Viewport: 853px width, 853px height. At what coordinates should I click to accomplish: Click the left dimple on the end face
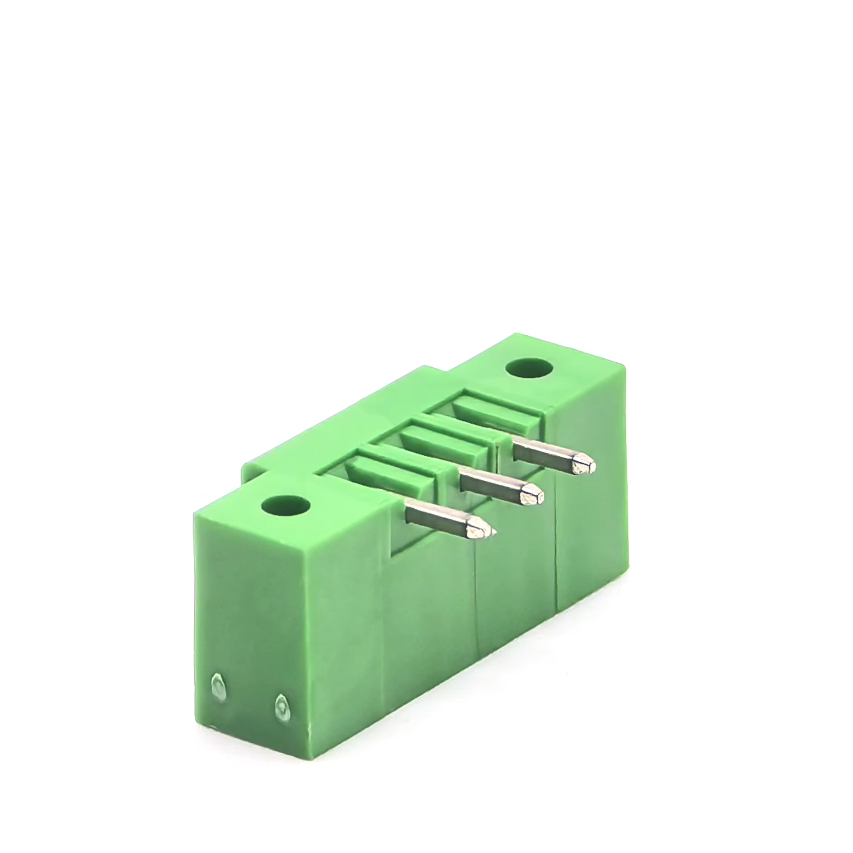coord(218,688)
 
